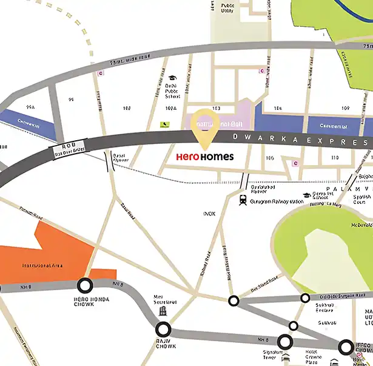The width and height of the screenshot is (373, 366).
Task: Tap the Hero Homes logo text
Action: (x=204, y=157)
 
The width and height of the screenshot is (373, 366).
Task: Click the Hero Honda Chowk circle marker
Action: (x=84, y=285)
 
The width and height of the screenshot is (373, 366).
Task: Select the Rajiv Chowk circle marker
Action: (x=163, y=330)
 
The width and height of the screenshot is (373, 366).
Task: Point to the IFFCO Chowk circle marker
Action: (x=346, y=347)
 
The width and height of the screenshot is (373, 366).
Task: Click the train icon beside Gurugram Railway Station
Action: (x=243, y=200)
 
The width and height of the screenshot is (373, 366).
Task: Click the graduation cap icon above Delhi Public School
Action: (x=172, y=78)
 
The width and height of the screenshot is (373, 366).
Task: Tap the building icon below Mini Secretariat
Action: (x=163, y=311)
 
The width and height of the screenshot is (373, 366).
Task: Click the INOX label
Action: (x=209, y=214)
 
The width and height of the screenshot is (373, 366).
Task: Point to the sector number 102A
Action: (x=170, y=108)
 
